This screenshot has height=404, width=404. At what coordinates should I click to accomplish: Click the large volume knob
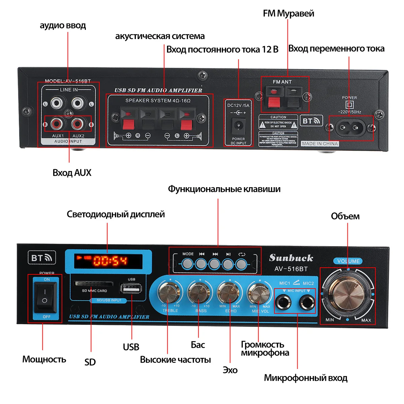click(x=347, y=295)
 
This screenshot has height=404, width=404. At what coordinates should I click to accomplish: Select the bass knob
click(x=199, y=293)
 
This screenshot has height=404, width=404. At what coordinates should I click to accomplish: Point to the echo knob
click(x=229, y=293)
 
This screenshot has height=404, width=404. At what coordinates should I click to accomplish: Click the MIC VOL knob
click(x=259, y=293)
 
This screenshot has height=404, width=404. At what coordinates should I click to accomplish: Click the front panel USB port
click(x=131, y=289)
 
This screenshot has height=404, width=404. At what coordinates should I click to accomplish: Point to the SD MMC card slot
click(x=93, y=283)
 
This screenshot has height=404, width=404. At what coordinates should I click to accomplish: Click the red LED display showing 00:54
click(x=108, y=261)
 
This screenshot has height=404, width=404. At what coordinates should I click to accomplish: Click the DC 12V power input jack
click(x=238, y=126)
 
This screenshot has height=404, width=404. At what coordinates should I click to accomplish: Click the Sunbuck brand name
click(x=291, y=258)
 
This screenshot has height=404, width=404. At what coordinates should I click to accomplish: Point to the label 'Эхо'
click(x=230, y=370)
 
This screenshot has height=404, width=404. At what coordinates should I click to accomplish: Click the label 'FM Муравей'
click(x=288, y=13)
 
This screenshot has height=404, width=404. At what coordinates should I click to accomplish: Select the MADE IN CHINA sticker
click(x=319, y=144)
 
